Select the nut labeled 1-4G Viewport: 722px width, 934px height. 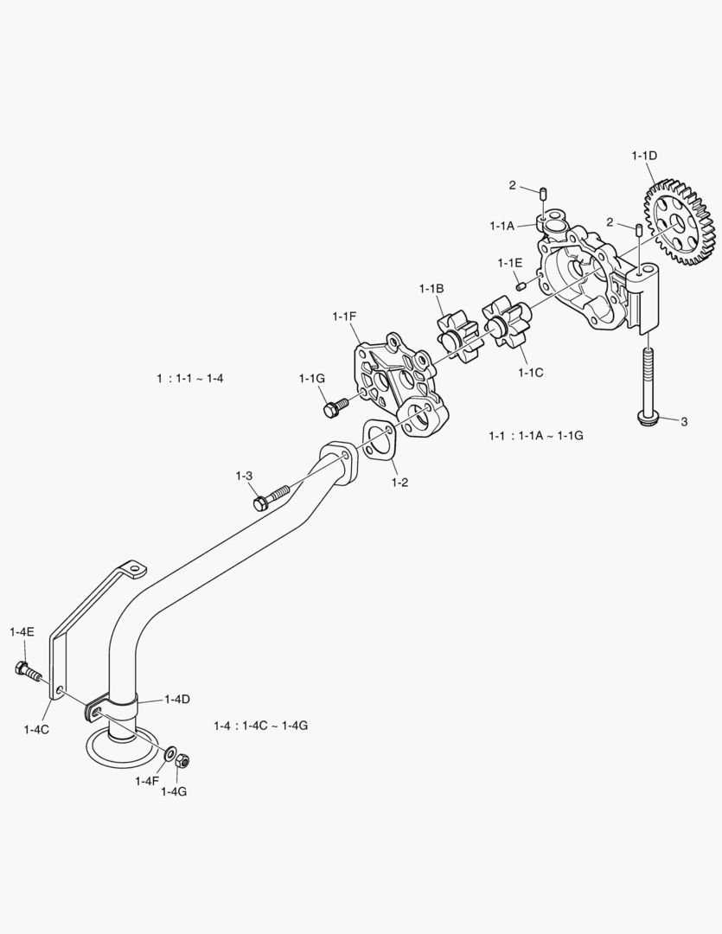(182, 760)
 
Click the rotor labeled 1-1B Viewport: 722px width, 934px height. (456, 332)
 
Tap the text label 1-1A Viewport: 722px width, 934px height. (502, 226)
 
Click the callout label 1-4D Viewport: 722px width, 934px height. (179, 698)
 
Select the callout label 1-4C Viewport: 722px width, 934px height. (36, 729)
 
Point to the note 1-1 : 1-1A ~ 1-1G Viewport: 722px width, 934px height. (536, 436)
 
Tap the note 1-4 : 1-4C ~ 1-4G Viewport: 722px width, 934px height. (260, 725)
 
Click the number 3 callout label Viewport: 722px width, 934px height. (684, 421)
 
